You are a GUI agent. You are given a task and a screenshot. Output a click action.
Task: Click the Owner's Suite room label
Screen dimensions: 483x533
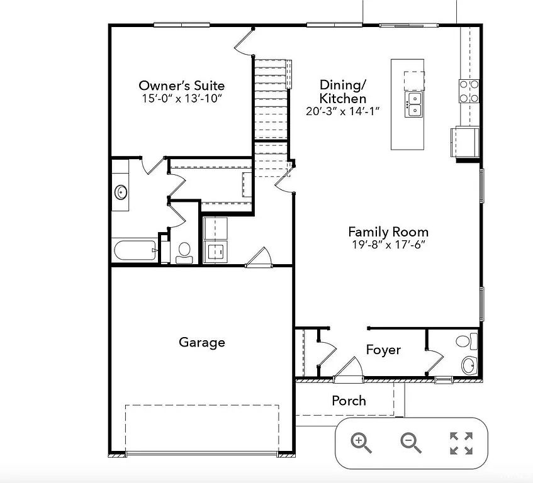181,86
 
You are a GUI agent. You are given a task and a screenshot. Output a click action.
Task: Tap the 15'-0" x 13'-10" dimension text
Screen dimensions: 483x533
181,99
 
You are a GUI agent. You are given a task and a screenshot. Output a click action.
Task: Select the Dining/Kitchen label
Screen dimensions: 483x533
342,92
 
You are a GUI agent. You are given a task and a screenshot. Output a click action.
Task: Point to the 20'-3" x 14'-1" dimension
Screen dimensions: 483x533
342,111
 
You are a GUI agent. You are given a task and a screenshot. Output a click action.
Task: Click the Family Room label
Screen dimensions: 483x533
388,231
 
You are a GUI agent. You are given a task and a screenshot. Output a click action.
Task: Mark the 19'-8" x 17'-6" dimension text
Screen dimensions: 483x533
388,245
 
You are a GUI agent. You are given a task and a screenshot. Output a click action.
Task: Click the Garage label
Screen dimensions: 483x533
201,342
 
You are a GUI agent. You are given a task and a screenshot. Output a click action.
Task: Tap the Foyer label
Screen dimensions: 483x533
383,350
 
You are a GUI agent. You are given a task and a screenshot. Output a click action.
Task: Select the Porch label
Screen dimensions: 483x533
349,401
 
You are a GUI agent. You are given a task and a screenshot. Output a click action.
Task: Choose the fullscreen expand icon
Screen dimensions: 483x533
461,443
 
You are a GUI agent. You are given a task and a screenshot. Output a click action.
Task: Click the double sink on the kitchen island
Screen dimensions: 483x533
414,104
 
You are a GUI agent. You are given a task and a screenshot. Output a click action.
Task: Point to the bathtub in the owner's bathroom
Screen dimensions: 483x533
134,251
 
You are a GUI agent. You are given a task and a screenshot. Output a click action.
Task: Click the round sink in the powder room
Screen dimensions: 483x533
468,365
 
